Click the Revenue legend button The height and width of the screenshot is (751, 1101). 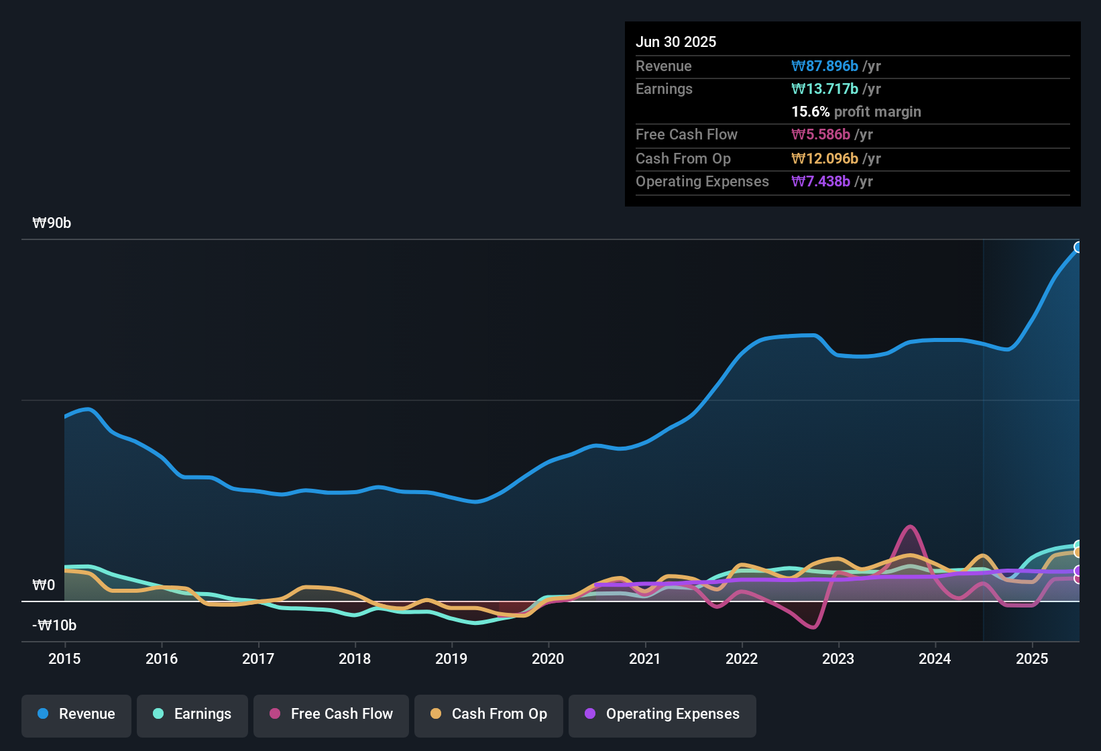click(x=76, y=714)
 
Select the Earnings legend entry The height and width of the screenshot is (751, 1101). click(x=192, y=714)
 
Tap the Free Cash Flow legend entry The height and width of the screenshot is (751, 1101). click(x=331, y=714)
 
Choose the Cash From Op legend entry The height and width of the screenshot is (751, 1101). click(x=488, y=714)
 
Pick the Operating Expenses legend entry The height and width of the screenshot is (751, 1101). click(x=662, y=714)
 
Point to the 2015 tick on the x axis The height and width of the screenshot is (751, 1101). click(x=64, y=658)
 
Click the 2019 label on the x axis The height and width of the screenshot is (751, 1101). click(x=451, y=658)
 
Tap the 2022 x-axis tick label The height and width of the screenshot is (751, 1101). click(x=742, y=658)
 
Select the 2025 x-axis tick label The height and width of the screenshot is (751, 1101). click(x=1031, y=658)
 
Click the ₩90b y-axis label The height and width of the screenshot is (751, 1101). click(x=52, y=223)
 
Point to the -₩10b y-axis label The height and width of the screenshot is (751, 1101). click(x=54, y=626)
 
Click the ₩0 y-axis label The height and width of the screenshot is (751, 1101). click(x=44, y=585)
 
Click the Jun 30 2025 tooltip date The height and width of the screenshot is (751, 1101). click(x=676, y=42)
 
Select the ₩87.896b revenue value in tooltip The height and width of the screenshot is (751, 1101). click(x=825, y=66)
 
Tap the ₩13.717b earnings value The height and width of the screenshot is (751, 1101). click(x=825, y=89)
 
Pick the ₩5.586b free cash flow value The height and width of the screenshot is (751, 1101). click(x=821, y=134)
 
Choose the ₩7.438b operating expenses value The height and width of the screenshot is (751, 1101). click(x=821, y=181)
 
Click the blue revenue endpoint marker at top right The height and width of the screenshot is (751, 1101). click(x=1078, y=247)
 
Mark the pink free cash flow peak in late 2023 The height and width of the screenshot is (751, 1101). click(x=910, y=527)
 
